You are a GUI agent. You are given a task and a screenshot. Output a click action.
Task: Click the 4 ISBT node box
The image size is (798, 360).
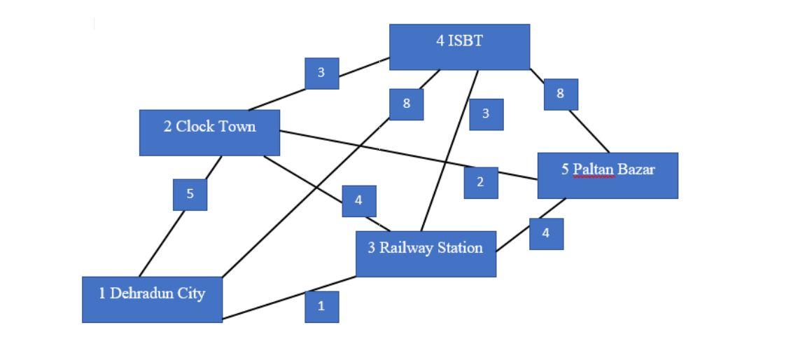click(459, 47)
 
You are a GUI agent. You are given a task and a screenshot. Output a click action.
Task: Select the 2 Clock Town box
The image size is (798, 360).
click(209, 132)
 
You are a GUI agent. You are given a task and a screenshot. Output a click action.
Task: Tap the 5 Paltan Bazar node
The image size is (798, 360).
click(608, 175)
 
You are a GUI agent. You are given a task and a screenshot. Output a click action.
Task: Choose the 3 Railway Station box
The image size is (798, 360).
click(426, 254)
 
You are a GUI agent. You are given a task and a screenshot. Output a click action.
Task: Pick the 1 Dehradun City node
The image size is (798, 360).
click(152, 299)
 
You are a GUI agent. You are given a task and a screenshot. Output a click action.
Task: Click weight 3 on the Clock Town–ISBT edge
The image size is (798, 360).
click(322, 73)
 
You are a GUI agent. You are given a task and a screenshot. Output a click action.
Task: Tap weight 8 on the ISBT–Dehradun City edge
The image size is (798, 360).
click(406, 104)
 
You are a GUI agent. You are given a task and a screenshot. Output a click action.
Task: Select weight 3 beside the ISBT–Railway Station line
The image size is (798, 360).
click(486, 113)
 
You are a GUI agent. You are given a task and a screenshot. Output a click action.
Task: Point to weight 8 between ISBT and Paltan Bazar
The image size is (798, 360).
click(561, 94)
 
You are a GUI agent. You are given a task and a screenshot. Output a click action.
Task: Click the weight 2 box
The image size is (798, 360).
click(481, 183)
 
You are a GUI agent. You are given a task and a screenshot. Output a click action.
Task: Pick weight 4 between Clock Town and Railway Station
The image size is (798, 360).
click(359, 201)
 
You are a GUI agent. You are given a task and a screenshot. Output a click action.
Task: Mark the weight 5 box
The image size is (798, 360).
click(190, 193)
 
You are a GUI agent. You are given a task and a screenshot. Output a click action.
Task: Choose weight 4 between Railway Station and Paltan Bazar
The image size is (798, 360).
click(546, 234)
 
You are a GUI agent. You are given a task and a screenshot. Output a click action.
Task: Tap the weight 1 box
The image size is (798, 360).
click(321, 307)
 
